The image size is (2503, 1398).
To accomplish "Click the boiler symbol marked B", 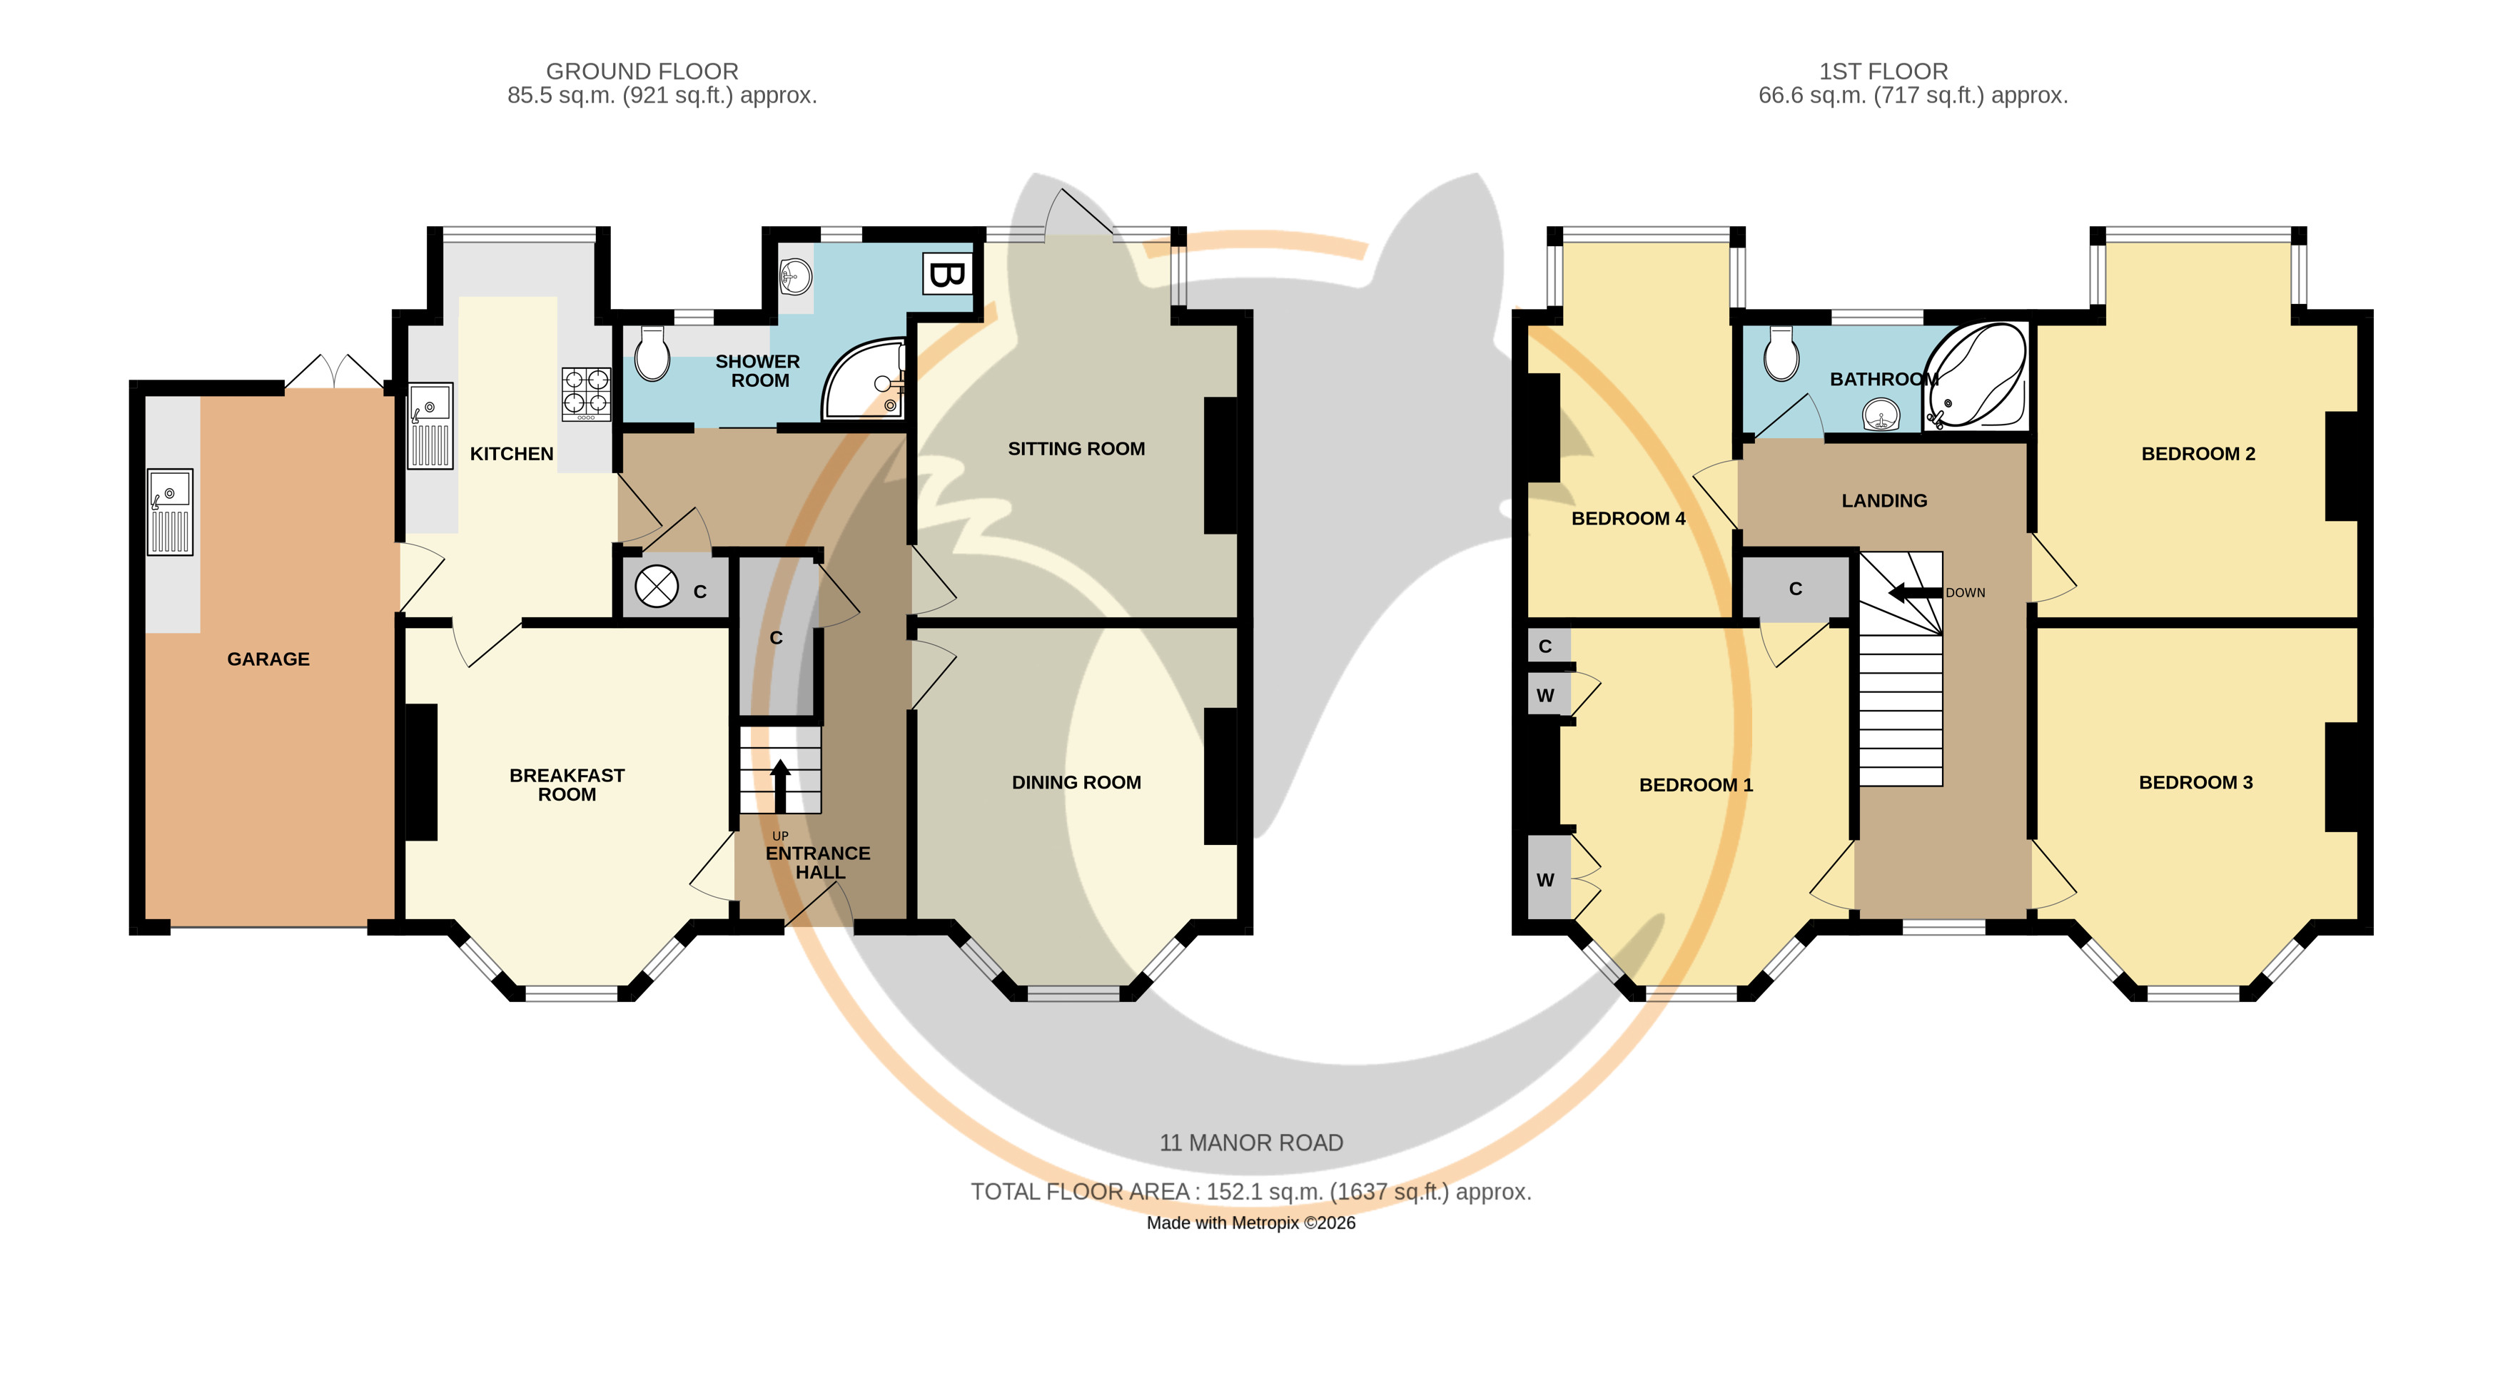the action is click(946, 274).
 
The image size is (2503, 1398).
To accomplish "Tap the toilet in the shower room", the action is click(652, 354).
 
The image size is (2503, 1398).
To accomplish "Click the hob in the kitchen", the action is click(586, 393).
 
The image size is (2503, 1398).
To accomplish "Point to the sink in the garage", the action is click(170, 512).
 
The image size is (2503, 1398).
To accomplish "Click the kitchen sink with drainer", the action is click(430, 425).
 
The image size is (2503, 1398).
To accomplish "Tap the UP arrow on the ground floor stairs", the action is click(779, 786).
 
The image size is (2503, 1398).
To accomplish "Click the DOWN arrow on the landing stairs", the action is click(1915, 592).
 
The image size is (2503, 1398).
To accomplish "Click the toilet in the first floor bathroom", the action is click(1781, 354).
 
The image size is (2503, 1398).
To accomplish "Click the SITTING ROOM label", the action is click(1076, 449).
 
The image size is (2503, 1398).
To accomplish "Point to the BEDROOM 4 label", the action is click(1629, 519).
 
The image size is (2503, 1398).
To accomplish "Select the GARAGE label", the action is click(268, 659).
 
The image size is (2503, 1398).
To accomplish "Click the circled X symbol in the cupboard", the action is click(656, 587).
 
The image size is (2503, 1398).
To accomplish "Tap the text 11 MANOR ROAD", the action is click(1252, 1143).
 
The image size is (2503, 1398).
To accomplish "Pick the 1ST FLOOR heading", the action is click(1883, 71).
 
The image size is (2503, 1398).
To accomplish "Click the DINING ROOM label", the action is click(1076, 782).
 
